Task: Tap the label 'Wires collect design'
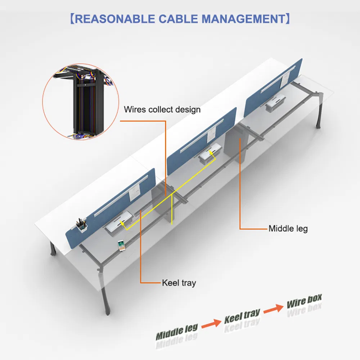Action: coord(162,109)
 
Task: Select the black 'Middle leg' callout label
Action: coord(288,228)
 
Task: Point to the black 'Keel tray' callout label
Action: coord(179,283)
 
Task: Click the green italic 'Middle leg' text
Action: coord(177,331)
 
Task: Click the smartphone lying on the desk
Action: coord(121,246)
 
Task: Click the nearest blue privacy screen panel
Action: coord(108,205)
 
